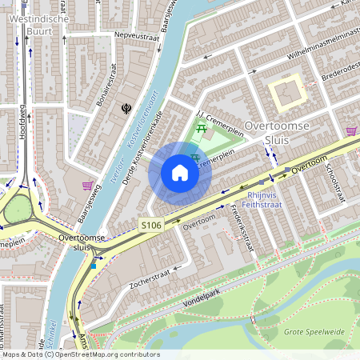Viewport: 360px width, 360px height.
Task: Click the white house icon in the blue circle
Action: click(180, 172)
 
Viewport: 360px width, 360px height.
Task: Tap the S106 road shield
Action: click(151, 226)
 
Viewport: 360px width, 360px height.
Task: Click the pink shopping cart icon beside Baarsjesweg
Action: click(87, 186)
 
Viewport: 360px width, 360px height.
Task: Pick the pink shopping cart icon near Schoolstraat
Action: click(351, 130)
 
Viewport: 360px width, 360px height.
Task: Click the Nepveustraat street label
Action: click(137, 36)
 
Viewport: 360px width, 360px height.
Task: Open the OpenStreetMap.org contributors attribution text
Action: click(104, 354)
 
